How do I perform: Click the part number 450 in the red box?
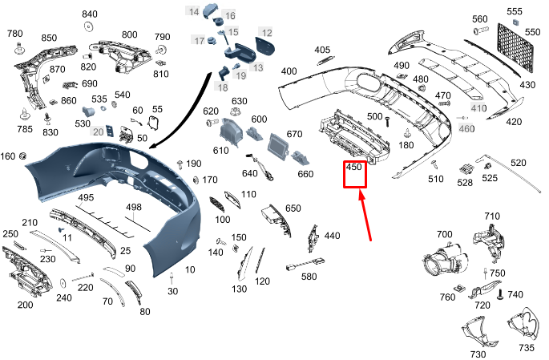point(354,168)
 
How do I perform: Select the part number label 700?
point(444,235)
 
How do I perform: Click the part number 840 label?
point(90,14)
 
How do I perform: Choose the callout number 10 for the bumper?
point(190,270)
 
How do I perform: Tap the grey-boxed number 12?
point(266,33)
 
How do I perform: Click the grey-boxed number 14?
point(194,11)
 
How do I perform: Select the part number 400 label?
point(289,71)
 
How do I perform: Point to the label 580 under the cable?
point(309,277)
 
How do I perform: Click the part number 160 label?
point(8,156)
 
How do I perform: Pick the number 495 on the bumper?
point(86,197)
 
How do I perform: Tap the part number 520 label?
point(519,163)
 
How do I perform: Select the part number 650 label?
point(293,208)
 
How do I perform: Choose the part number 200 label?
point(26,305)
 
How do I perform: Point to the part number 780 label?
point(15,34)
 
